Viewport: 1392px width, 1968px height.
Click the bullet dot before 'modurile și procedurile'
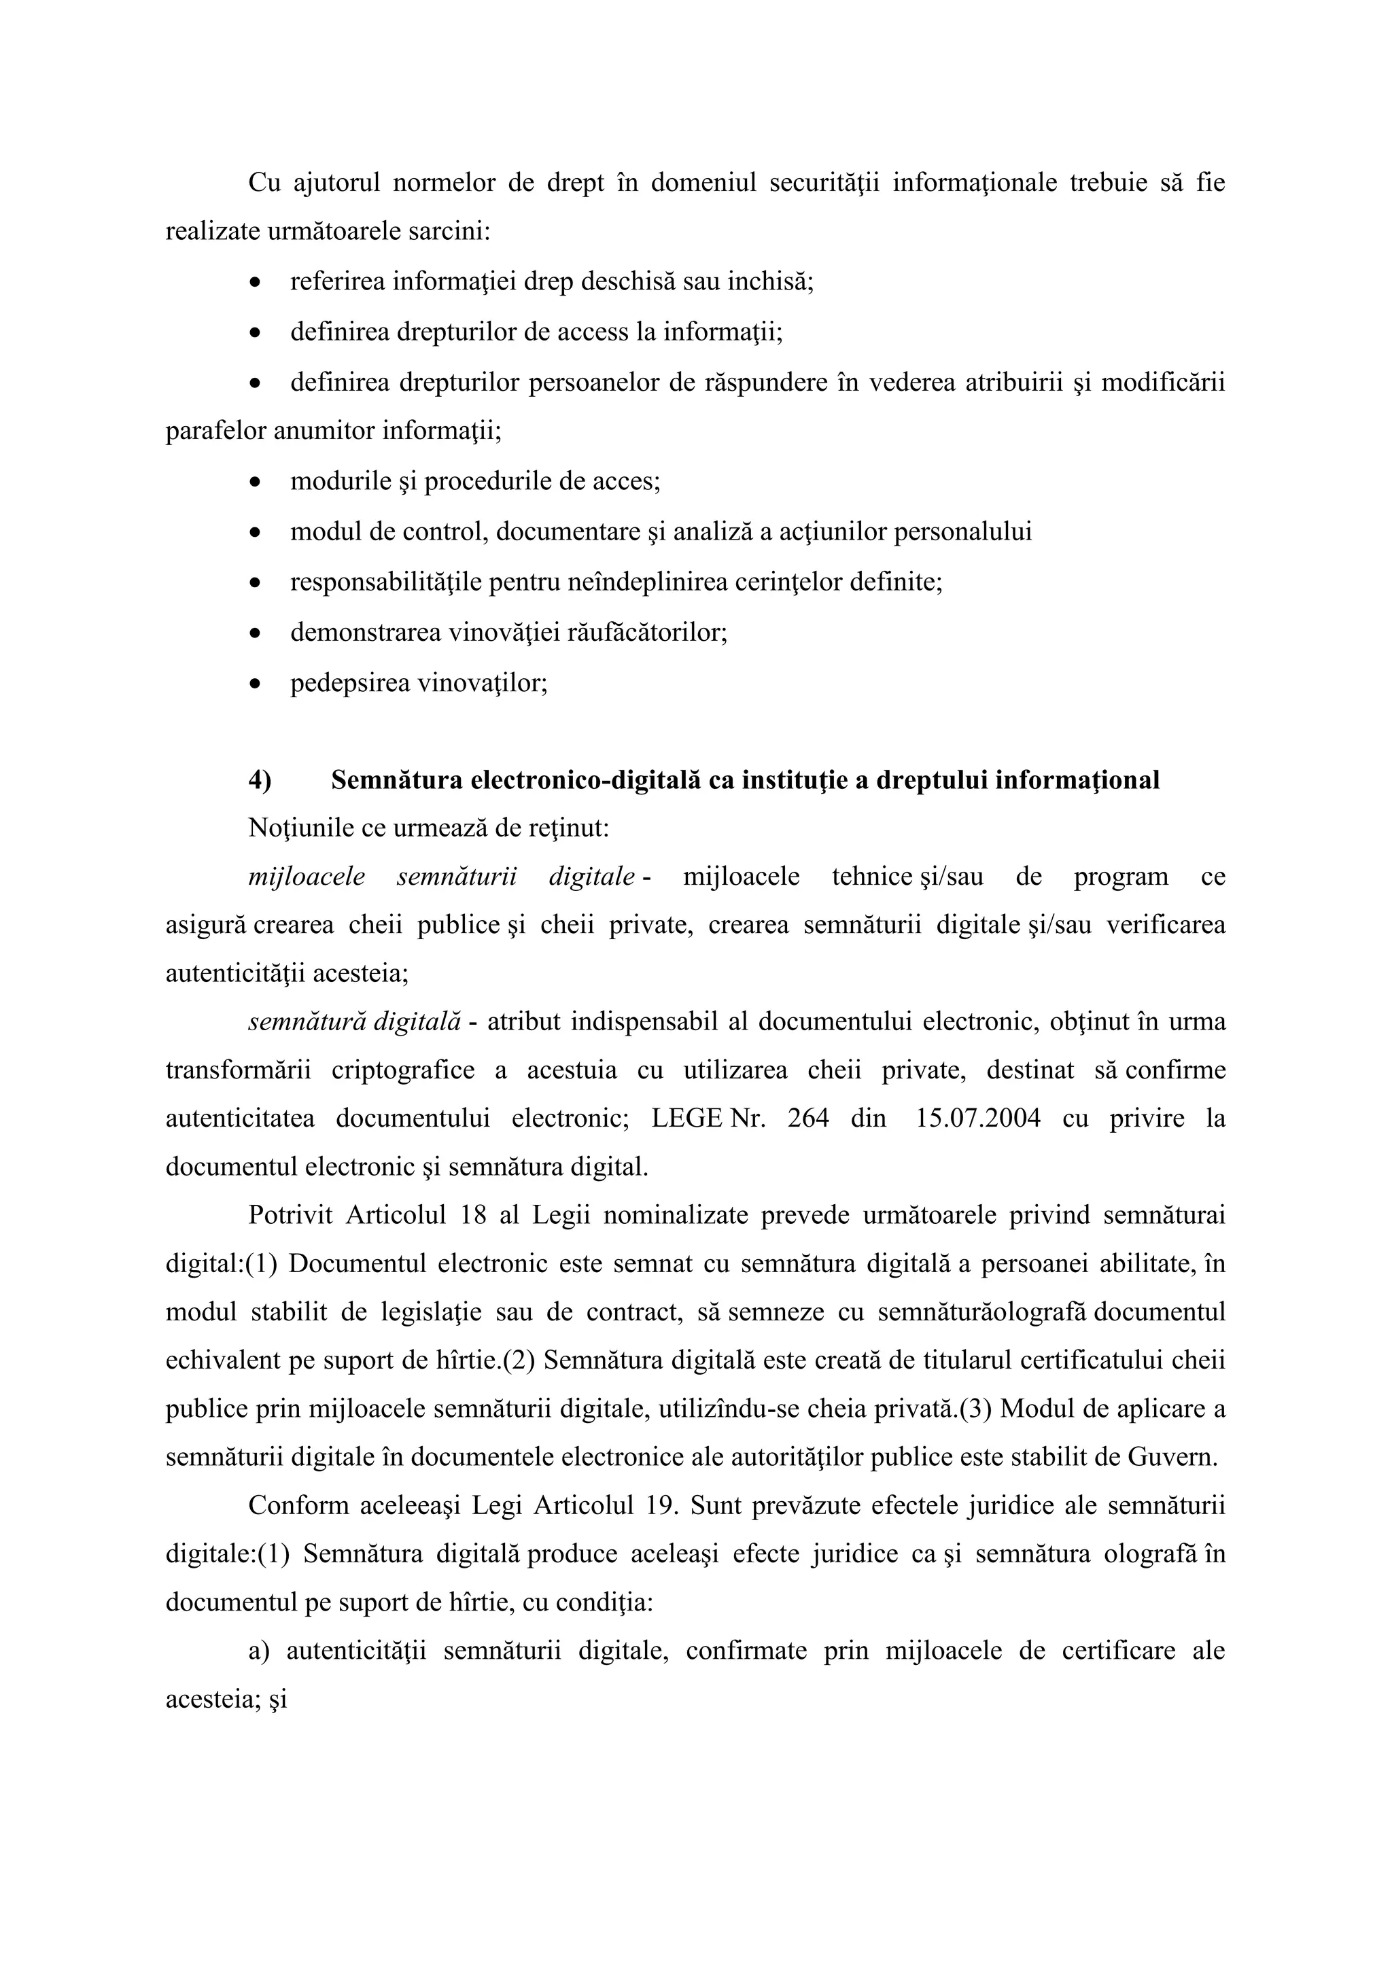click(255, 482)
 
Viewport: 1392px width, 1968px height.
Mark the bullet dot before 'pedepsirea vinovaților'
click(255, 685)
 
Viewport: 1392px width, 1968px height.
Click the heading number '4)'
click(260, 780)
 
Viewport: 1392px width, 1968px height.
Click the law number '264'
click(807, 1119)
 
